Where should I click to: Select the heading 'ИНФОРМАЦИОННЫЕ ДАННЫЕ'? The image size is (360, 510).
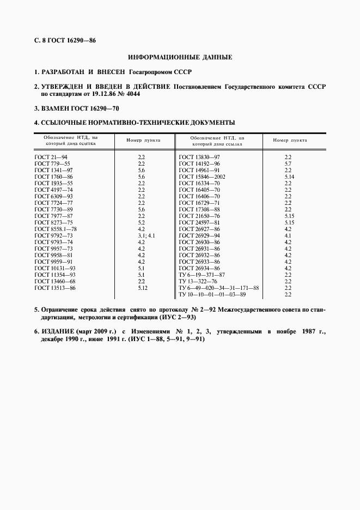(180, 57)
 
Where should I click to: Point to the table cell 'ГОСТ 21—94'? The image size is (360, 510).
(48, 157)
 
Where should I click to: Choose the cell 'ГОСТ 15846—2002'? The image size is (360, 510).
(202, 177)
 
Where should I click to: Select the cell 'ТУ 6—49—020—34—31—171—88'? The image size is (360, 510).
(219, 288)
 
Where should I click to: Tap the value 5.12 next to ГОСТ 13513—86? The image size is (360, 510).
(143, 288)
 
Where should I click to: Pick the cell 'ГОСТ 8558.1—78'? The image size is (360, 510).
(56, 229)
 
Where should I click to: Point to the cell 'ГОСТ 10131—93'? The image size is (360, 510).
(55, 268)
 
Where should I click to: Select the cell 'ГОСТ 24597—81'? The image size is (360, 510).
(199, 222)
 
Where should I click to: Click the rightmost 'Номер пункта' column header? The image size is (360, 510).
(290, 140)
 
